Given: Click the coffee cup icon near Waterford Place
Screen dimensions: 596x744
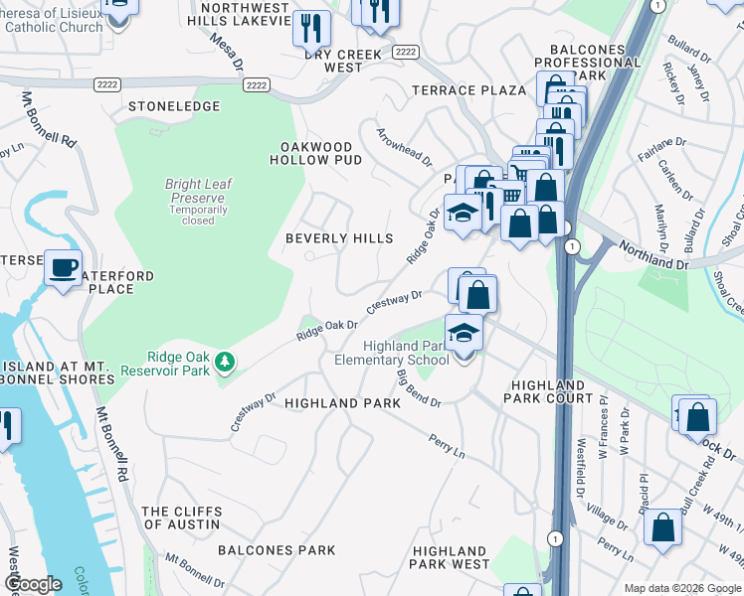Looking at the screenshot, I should click(66, 269).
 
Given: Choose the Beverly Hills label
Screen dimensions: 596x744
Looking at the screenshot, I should click(339, 238).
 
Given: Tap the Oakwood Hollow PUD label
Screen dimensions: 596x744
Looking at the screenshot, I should click(316, 154).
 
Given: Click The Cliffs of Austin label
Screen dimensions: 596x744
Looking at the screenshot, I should click(181, 518).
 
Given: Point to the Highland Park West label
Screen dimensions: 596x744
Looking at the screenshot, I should click(451, 557).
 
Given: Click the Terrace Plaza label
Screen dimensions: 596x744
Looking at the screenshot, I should click(468, 90).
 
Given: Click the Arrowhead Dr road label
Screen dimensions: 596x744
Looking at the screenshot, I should click(404, 146).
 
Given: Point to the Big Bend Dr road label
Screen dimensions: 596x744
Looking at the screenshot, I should click(418, 387).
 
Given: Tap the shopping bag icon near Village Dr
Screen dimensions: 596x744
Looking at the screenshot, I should click(663, 527).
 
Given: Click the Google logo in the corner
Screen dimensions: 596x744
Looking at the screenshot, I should click(33, 584).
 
